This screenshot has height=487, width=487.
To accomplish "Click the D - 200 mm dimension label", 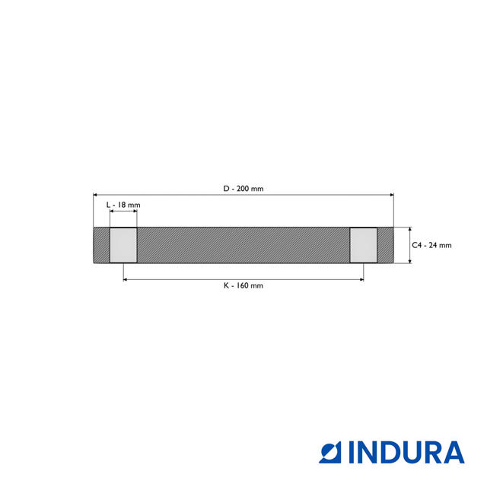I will point(243,189).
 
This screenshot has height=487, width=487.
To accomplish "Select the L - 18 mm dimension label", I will point(123,205).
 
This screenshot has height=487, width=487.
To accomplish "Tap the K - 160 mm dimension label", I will point(243,286).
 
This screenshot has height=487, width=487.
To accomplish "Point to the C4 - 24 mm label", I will point(431,245).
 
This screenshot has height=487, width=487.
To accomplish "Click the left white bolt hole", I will point(123,245).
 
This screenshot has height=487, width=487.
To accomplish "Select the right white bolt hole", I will point(363,245).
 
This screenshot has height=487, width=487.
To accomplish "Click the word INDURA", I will point(406,453).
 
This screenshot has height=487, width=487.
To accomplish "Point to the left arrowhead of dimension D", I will point(96,196).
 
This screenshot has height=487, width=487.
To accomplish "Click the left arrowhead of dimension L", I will point(113,212).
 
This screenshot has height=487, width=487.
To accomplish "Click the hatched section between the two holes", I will point(243,245).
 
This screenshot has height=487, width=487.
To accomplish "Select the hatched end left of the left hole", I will point(102,245).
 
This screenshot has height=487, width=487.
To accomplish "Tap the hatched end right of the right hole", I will point(385,245).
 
